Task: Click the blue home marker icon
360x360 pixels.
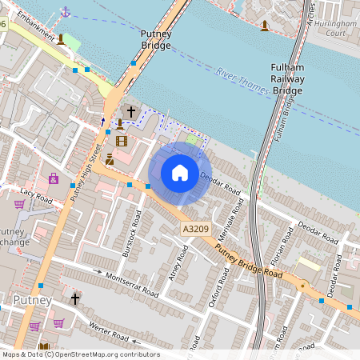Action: coord(180,173)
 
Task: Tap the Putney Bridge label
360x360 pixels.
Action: coord(155,40)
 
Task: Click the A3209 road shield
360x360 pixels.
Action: coord(195,230)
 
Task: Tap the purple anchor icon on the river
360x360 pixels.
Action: coord(66,11)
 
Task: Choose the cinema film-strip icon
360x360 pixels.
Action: coord(121,141)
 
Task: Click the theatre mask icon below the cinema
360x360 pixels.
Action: coord(110,158)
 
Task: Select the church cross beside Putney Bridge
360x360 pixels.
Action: coord(130,113)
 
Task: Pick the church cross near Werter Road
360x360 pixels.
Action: coord(75,298)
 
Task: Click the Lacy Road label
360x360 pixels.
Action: coord(36,193)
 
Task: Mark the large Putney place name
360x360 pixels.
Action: coord(33,300)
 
